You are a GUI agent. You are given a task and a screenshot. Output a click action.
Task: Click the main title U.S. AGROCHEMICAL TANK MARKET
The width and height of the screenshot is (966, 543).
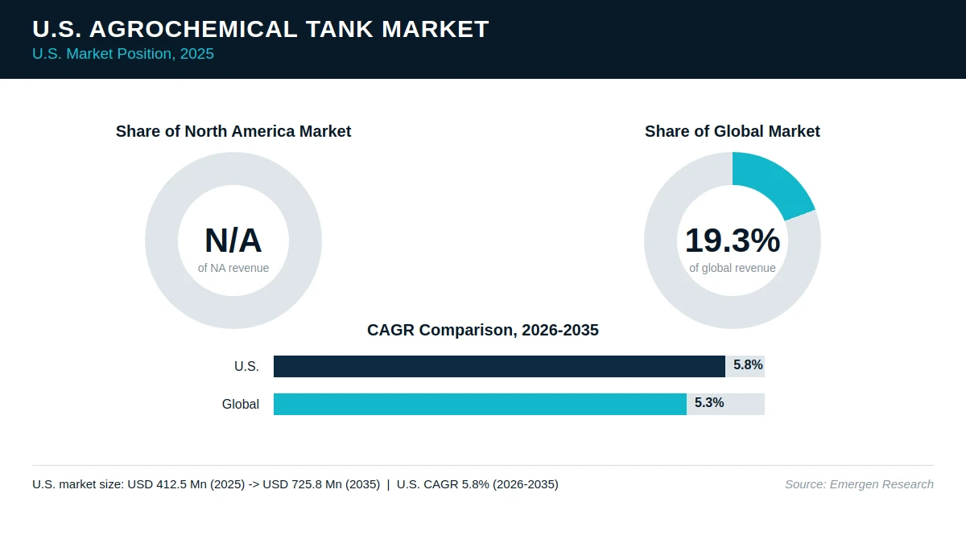pyautogui.click(x=261, y=29)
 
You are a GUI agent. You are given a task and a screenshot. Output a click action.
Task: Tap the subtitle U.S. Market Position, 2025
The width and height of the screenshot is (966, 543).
pyautogui.click(x=123, y=54)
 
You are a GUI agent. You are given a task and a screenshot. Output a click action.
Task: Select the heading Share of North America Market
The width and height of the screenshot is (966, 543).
pyautogui.click(x=233, y=131)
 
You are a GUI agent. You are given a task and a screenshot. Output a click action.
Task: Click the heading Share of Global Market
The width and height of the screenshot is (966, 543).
pyautogui.click(x=733, y=131)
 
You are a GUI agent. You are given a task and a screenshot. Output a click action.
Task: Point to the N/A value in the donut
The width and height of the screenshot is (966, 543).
pyautogui.click(x=233, y=241)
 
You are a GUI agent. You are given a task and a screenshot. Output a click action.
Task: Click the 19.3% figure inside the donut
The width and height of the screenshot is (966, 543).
pyautogui.click(x=733, y=241)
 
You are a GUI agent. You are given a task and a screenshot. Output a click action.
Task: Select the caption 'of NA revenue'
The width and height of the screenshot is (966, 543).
pyautogui.click(x=233, y=268)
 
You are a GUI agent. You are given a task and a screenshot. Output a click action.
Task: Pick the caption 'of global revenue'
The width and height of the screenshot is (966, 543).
pyautogui.click(x=733, y=268)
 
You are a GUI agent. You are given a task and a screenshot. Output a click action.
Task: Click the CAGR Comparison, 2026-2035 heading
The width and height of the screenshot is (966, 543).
pyautogui.click(x=482, y=330)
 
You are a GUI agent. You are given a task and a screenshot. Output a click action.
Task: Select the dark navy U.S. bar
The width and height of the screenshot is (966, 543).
pyautogui.click(x=499, y=366)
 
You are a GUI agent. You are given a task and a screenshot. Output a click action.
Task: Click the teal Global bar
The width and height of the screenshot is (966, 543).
pyautogui.click(x=480, y=404)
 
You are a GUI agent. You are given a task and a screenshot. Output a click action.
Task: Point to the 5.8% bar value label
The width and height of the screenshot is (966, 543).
pyautogui.click(x=748, y=365)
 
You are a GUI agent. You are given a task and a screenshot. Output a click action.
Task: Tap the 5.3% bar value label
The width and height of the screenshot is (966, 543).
pyautogui.click(x=709, y=402)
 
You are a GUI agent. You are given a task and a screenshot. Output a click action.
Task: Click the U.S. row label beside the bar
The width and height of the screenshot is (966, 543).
pyautogui.click(x=246, y=366)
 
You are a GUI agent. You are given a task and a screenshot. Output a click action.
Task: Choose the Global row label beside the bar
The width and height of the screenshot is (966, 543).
pyautogui.click(x=240, y=404)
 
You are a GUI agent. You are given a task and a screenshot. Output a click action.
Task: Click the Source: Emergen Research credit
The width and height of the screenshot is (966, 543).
pyautogui.click(x=859, y=484)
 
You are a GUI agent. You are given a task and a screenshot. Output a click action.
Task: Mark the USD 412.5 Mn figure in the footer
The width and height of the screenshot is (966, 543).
pyautogui.click(x=167, y=484)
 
